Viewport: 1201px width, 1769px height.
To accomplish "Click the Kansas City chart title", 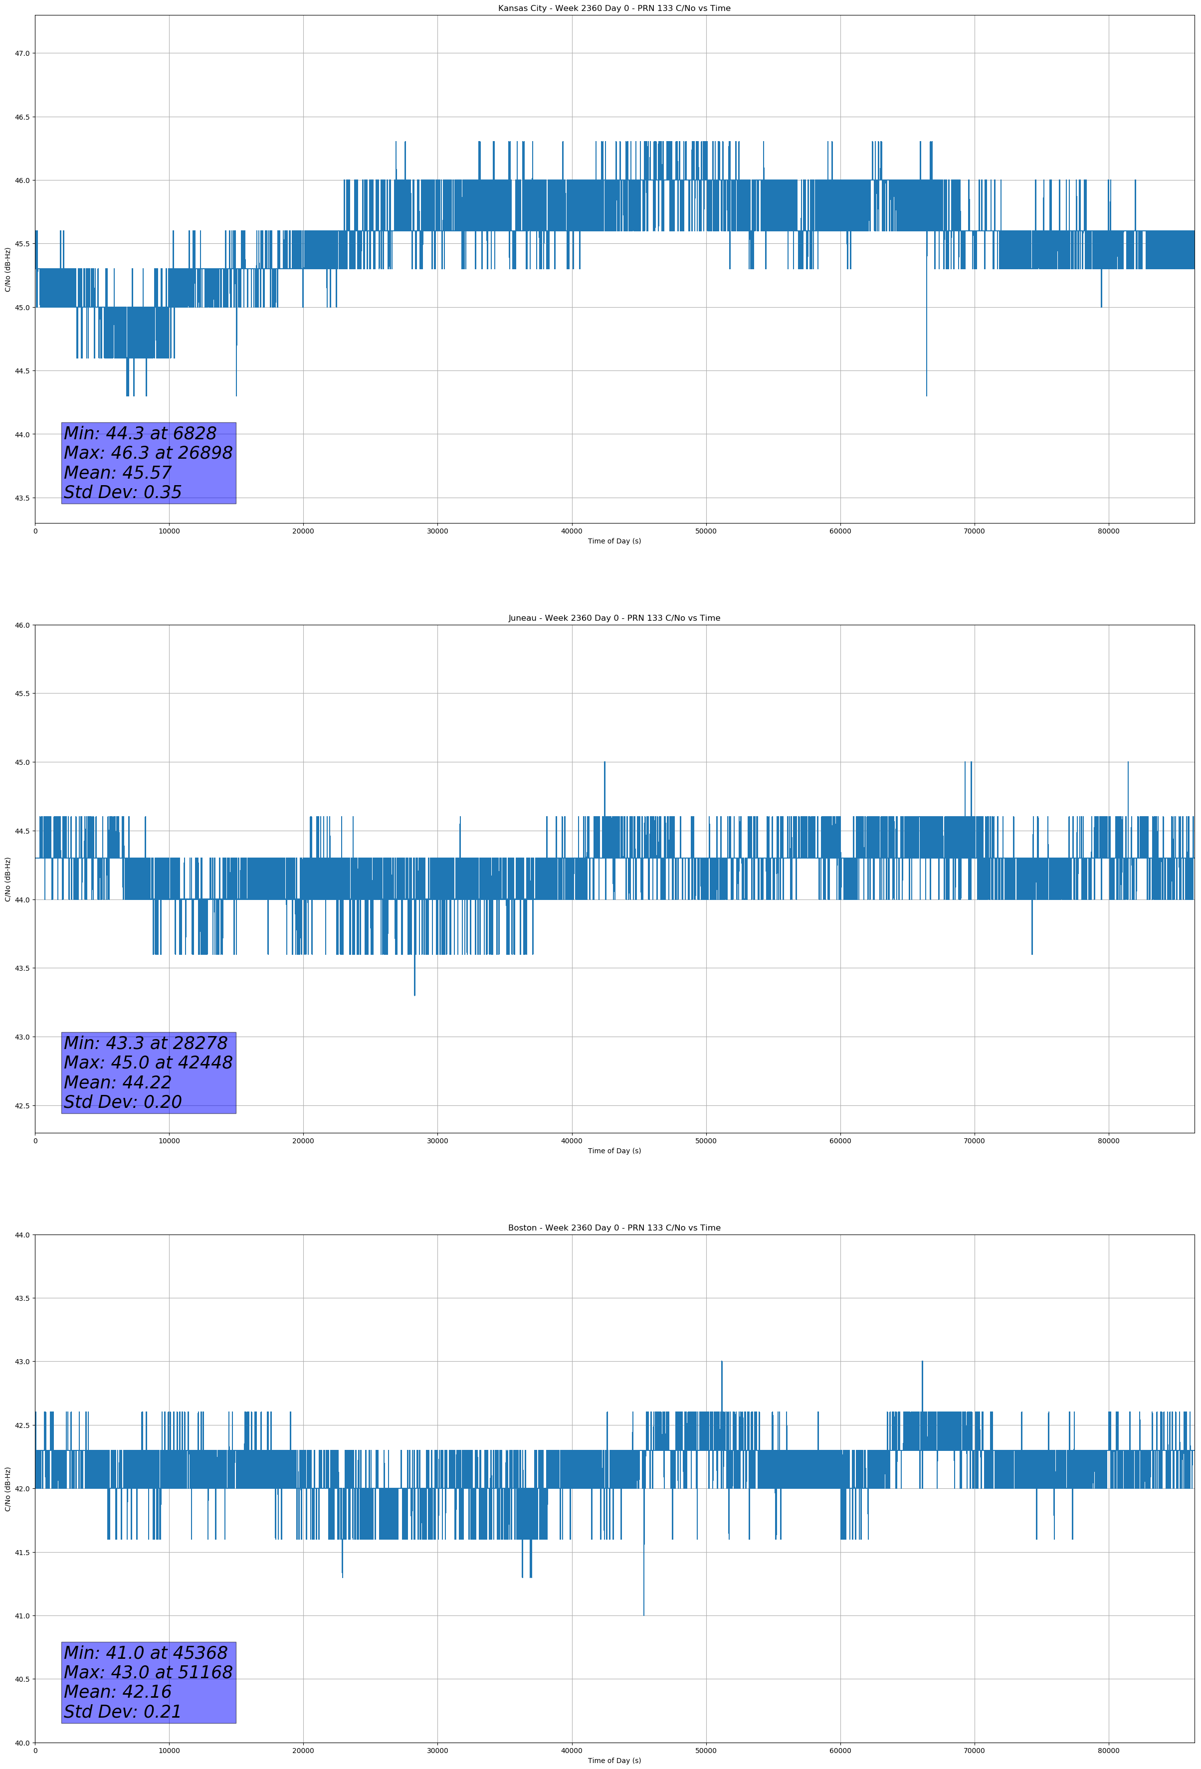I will [x=614, y=8].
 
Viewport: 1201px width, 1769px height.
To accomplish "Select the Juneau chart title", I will [x=614, y=618].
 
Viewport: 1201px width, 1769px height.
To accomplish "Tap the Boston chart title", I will [x=614, y=1228].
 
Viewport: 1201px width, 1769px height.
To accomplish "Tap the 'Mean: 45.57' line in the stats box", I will [x=118, y=473].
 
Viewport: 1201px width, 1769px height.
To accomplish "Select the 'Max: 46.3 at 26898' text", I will [x=148, y=453].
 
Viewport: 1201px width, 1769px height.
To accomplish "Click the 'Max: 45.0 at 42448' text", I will [x=148, y=1062].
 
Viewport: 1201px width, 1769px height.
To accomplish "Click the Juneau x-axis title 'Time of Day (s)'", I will [x=614, y=1151].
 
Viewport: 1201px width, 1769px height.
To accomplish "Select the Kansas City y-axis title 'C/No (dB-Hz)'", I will [x=7, y=269].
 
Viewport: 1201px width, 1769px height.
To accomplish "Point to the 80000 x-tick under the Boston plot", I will [x=1108, y=1750].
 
